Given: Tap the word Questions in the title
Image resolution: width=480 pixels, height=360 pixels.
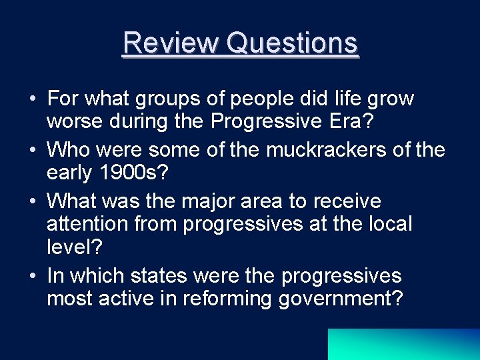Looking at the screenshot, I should [x=293, y=43].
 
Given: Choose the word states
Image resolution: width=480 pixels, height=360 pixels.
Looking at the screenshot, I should [x=164, y=275].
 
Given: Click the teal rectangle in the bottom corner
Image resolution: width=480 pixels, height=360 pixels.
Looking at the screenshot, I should [x=403, y=344].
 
